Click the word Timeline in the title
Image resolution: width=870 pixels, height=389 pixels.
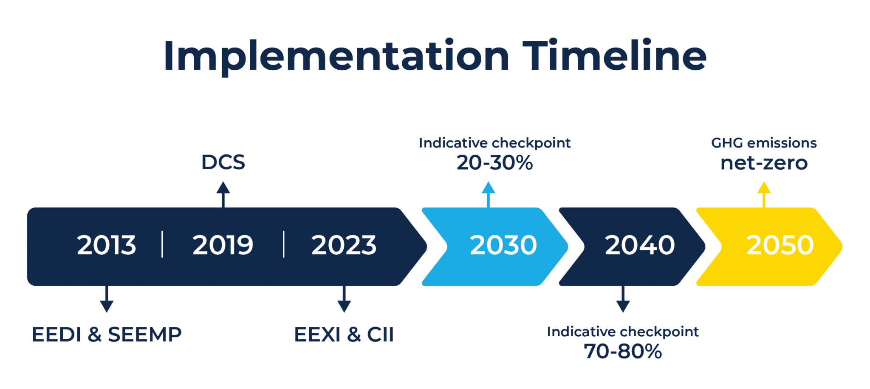(x=614, y=56)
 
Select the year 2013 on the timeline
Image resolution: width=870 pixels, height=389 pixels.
(x=106, y=245)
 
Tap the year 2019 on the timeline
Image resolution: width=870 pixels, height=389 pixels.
(x=223, y=245)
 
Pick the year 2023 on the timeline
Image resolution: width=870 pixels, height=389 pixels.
(x=344, y=245)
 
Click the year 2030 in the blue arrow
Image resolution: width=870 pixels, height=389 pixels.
(x=503, y=245)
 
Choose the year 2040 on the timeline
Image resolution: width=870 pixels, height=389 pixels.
(x=639, y=245)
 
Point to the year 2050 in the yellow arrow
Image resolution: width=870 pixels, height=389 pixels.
(x=780, y=245)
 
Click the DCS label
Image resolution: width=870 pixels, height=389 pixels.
(x=223, y=162)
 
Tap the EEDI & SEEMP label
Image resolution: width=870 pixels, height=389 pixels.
(x=107, y=335)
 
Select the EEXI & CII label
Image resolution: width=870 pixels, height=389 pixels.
(x=344, y=335)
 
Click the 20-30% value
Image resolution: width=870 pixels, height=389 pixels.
(x=494, y=163)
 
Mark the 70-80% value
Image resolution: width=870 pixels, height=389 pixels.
(x=623, y=352)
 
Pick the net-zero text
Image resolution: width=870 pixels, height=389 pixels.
(x=764, y=163)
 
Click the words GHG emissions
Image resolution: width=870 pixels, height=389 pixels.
(x=764, y=143)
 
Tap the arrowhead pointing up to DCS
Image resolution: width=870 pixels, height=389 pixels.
(x=223, y=188)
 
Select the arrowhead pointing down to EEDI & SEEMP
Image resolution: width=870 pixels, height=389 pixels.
(x=107, y=306)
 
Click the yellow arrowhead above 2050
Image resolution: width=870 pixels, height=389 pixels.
(x=764, y=188)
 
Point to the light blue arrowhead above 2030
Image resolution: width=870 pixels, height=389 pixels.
(x=488, y=188)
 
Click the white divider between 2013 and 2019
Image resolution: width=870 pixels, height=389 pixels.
(x=162, y=244)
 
